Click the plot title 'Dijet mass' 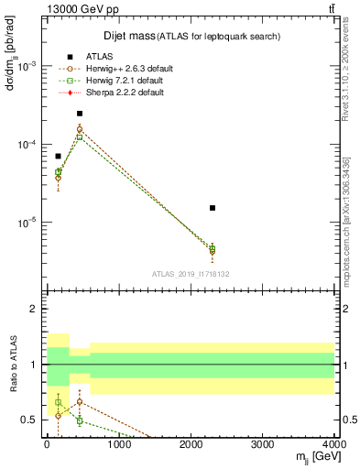click(128, 36)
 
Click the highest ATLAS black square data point click(80, 114)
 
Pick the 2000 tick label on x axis click(191, 444)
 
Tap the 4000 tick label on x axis click(333, 444)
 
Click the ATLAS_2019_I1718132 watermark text click(191, 273)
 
